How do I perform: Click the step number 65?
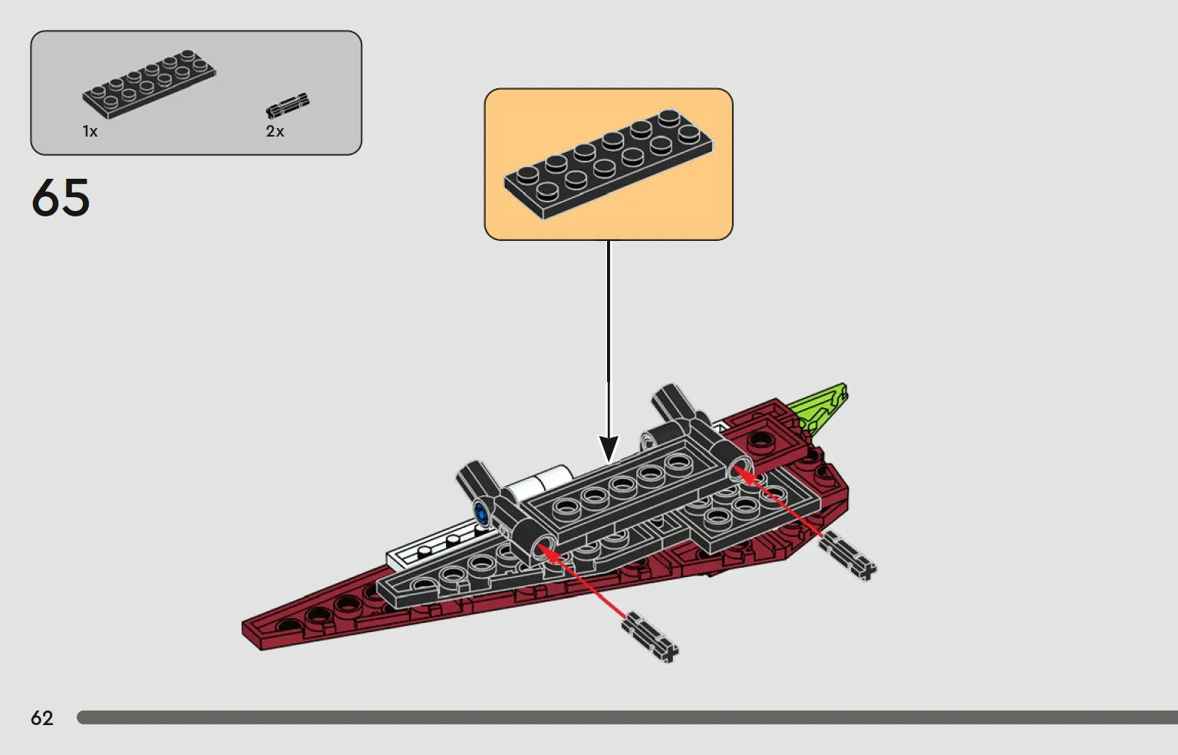(61, 198)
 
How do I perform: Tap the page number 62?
(42, 717)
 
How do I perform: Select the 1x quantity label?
(90, 131)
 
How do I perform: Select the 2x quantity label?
(275, 131)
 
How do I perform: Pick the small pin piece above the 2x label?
(288, 105)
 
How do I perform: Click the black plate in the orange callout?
(609, 164)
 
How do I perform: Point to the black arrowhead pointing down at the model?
(609, 448)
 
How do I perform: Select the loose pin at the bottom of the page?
(651, 637)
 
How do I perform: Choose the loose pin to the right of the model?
(848, 556)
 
